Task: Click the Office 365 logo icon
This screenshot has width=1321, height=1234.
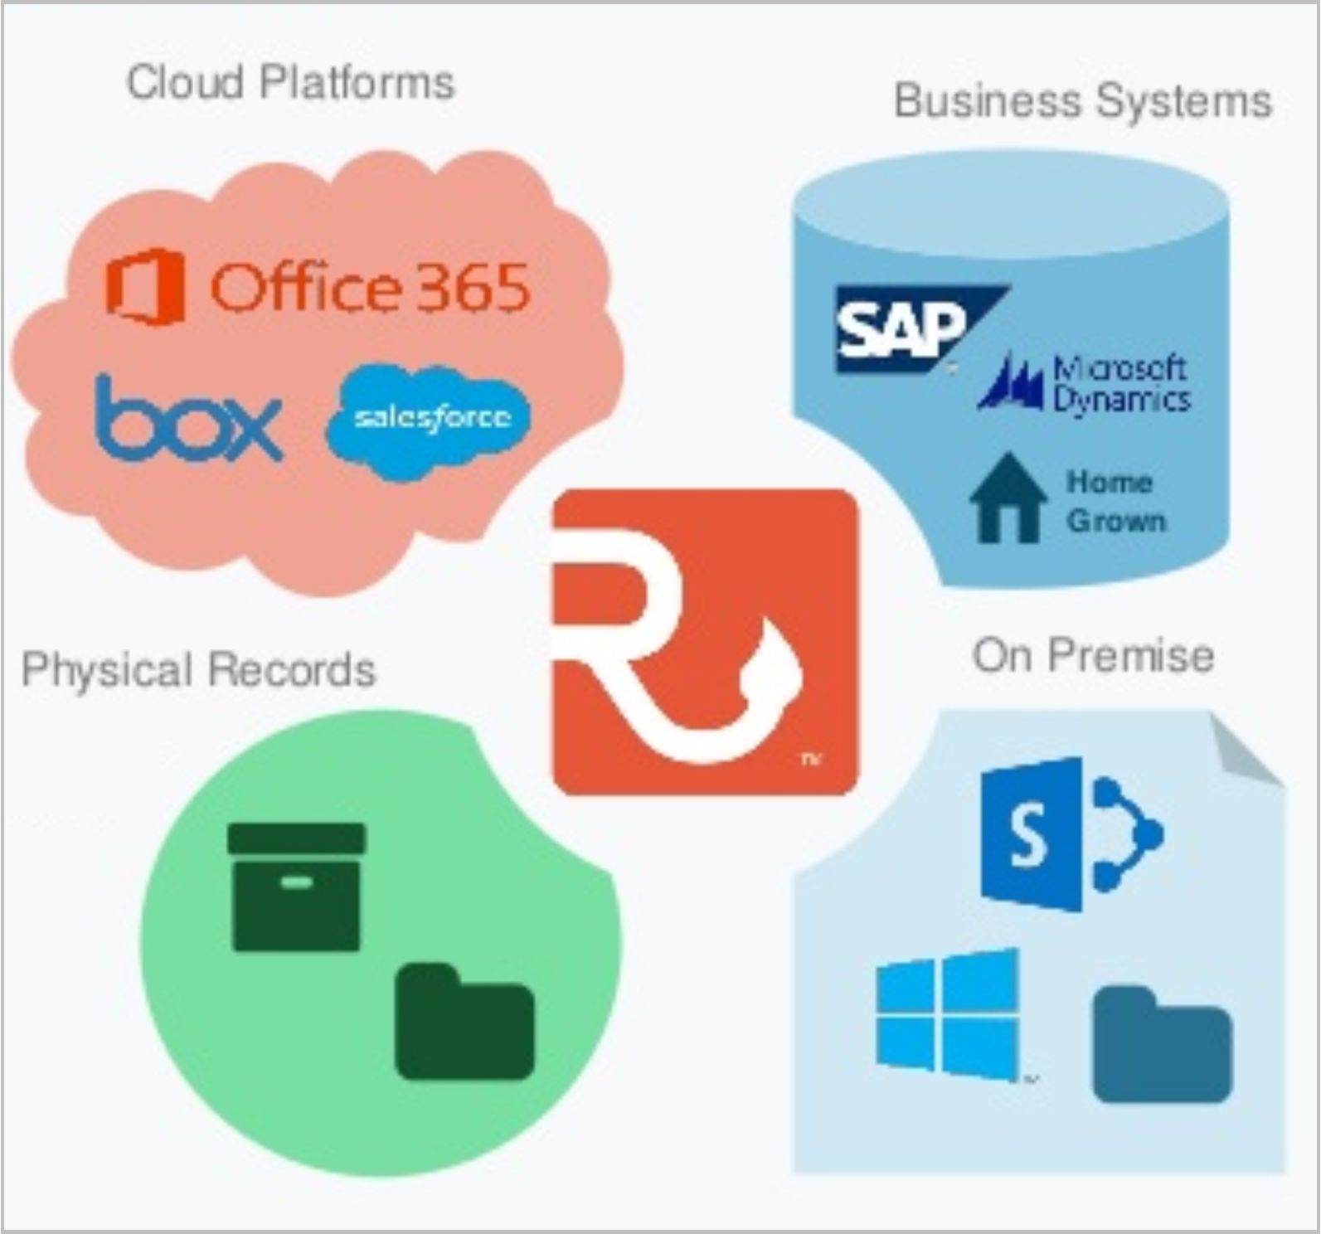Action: pyautogui.click(x=146, y=286)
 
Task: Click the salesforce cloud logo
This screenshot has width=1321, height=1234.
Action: pyautogui.click(x=430, y=420)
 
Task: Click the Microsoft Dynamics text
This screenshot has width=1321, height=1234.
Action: pyautogui.click(x=1119, y=383)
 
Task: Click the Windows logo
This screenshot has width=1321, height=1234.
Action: pyautogui.click(x=947, y=1013)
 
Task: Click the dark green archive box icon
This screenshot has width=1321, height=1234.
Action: pyautogui.click(x=296, y=886)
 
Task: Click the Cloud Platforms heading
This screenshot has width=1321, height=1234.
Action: pyautogui.click(x=290, y=82)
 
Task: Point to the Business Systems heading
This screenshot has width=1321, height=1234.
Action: pyautogui.click(x=1082, y=101)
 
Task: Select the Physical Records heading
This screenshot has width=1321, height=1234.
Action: pyautogui.click(x=198, y=669)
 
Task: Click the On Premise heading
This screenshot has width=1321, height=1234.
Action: pyautogui.click(x=1093, y=655)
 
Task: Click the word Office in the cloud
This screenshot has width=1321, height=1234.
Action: pyautogui.click(x=305, y=287)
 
